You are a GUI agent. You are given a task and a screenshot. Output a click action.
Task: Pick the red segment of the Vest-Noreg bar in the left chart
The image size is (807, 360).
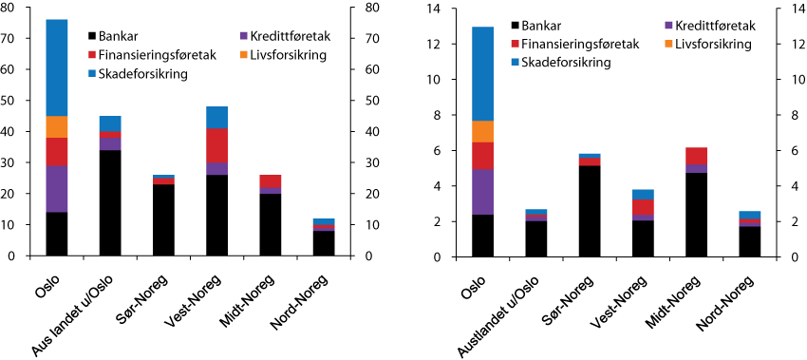217,145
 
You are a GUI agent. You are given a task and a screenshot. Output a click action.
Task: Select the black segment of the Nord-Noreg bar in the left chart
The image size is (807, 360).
325,243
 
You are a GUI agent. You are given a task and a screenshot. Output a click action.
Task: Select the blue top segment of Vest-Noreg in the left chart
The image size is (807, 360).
217,117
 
